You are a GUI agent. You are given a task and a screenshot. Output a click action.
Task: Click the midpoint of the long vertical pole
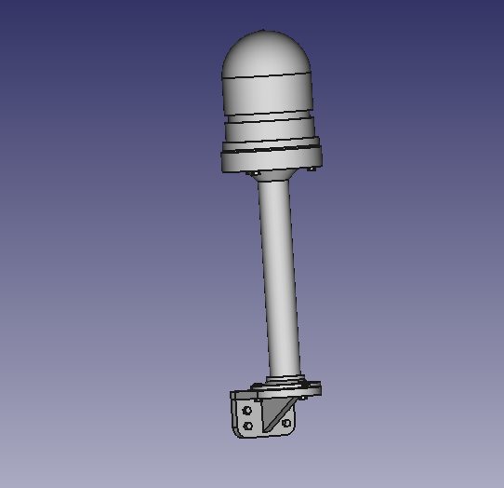[279, 279]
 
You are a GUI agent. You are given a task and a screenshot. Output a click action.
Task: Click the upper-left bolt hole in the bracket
[247, 410]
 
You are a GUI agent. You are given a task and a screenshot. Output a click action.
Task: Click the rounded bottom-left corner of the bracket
[237, 432]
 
